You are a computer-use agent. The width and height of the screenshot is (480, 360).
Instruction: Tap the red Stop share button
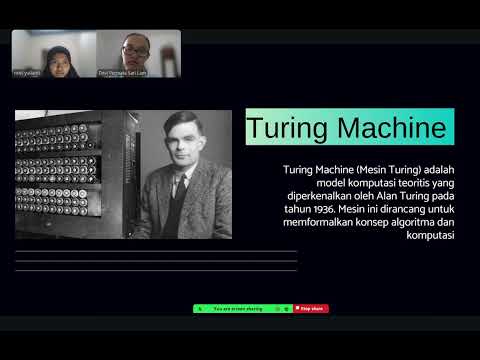(312, 309)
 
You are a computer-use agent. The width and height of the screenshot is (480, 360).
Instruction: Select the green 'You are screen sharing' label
(237, 309)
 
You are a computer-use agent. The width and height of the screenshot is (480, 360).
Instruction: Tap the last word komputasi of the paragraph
(434, 237)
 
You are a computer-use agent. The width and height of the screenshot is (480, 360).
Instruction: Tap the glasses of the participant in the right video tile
(130, 46)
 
